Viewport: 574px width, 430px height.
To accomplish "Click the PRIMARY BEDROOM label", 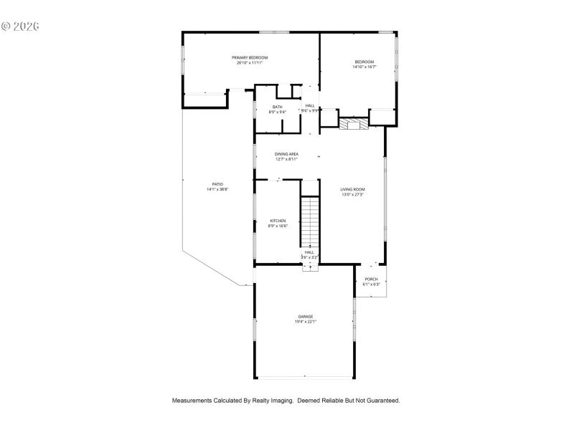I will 249,57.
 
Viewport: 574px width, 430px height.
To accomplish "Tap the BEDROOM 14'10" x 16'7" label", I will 364,62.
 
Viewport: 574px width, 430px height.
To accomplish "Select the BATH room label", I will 277,107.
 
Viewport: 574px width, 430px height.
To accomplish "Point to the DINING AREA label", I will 286,154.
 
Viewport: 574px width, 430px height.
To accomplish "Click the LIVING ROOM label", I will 352,189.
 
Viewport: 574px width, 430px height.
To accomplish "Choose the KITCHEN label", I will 278,221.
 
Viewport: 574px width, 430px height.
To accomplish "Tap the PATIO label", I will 217,184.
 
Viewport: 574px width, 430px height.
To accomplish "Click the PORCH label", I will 371,279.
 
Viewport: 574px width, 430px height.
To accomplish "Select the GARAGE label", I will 306,316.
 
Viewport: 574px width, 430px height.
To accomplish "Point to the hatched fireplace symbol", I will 352,125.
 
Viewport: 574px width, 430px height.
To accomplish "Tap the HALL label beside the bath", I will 309,105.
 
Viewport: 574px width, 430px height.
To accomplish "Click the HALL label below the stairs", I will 309,252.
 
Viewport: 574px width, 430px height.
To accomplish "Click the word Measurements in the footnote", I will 191,401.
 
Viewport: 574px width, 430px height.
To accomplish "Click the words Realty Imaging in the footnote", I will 272,401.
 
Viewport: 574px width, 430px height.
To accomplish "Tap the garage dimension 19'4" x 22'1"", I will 306,322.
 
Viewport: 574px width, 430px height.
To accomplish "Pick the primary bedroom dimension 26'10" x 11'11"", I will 249,63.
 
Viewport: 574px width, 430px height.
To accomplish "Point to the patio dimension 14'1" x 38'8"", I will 217,190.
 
